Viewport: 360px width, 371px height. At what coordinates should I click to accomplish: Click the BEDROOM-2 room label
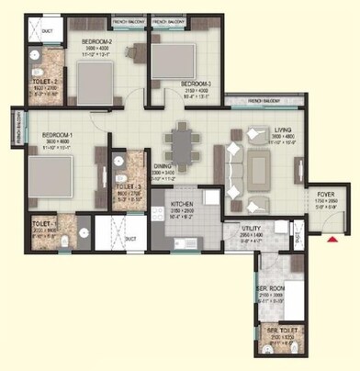coord(96,42)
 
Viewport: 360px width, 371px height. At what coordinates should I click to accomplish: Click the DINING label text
coord(163,166)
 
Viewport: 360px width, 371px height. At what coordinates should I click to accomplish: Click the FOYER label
coord(326,194)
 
